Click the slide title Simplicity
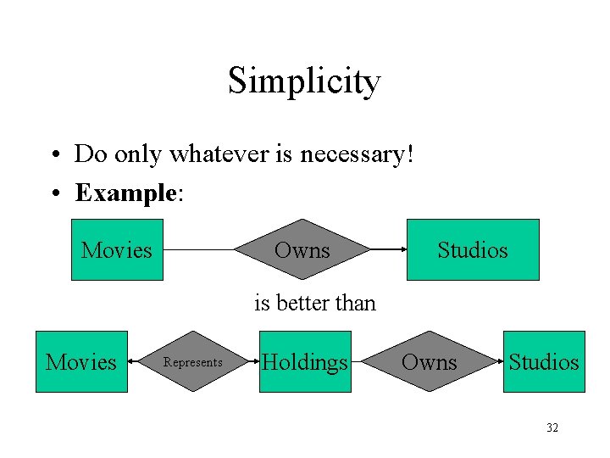click(x=304, y=81)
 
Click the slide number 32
click(x=552, y=428)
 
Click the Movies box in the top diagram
click(x=117, y=250)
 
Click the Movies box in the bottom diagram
click(x=81, y=362)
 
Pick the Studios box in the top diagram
click(x=473, y=250)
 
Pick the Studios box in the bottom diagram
click(x=544, y=362)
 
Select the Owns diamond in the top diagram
click(x=302, y=250)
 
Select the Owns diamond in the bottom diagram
click(x=429, y=362)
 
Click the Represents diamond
click(x=193, y=362)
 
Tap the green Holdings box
click(x=305, y=362)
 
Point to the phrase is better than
click(x=315, y=303)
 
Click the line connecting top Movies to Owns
click(x=198, y=250)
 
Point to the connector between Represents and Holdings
click(x=252, y=362)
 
